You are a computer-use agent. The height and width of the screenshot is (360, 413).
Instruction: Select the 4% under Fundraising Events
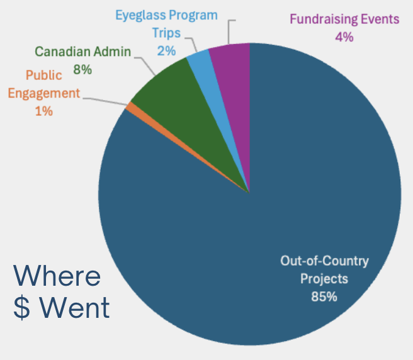click(344, 37)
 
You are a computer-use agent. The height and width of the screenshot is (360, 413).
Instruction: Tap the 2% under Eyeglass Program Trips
click(166, 50)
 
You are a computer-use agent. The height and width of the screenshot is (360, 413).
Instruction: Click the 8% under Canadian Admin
click(82, 70)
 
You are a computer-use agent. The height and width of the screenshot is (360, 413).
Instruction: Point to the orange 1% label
click(43, 111)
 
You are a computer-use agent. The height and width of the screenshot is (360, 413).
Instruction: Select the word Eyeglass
click(140, 14)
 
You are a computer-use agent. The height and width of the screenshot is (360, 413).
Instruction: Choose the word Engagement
click(44, 93)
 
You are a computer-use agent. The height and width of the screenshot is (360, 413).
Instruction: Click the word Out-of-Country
click(324, 261)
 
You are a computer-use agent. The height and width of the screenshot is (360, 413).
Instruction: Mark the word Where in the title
click(57, 277)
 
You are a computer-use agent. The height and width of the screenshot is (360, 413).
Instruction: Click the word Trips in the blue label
click(166, 33)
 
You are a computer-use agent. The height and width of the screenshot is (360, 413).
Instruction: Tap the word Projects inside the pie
click(324, 278)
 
